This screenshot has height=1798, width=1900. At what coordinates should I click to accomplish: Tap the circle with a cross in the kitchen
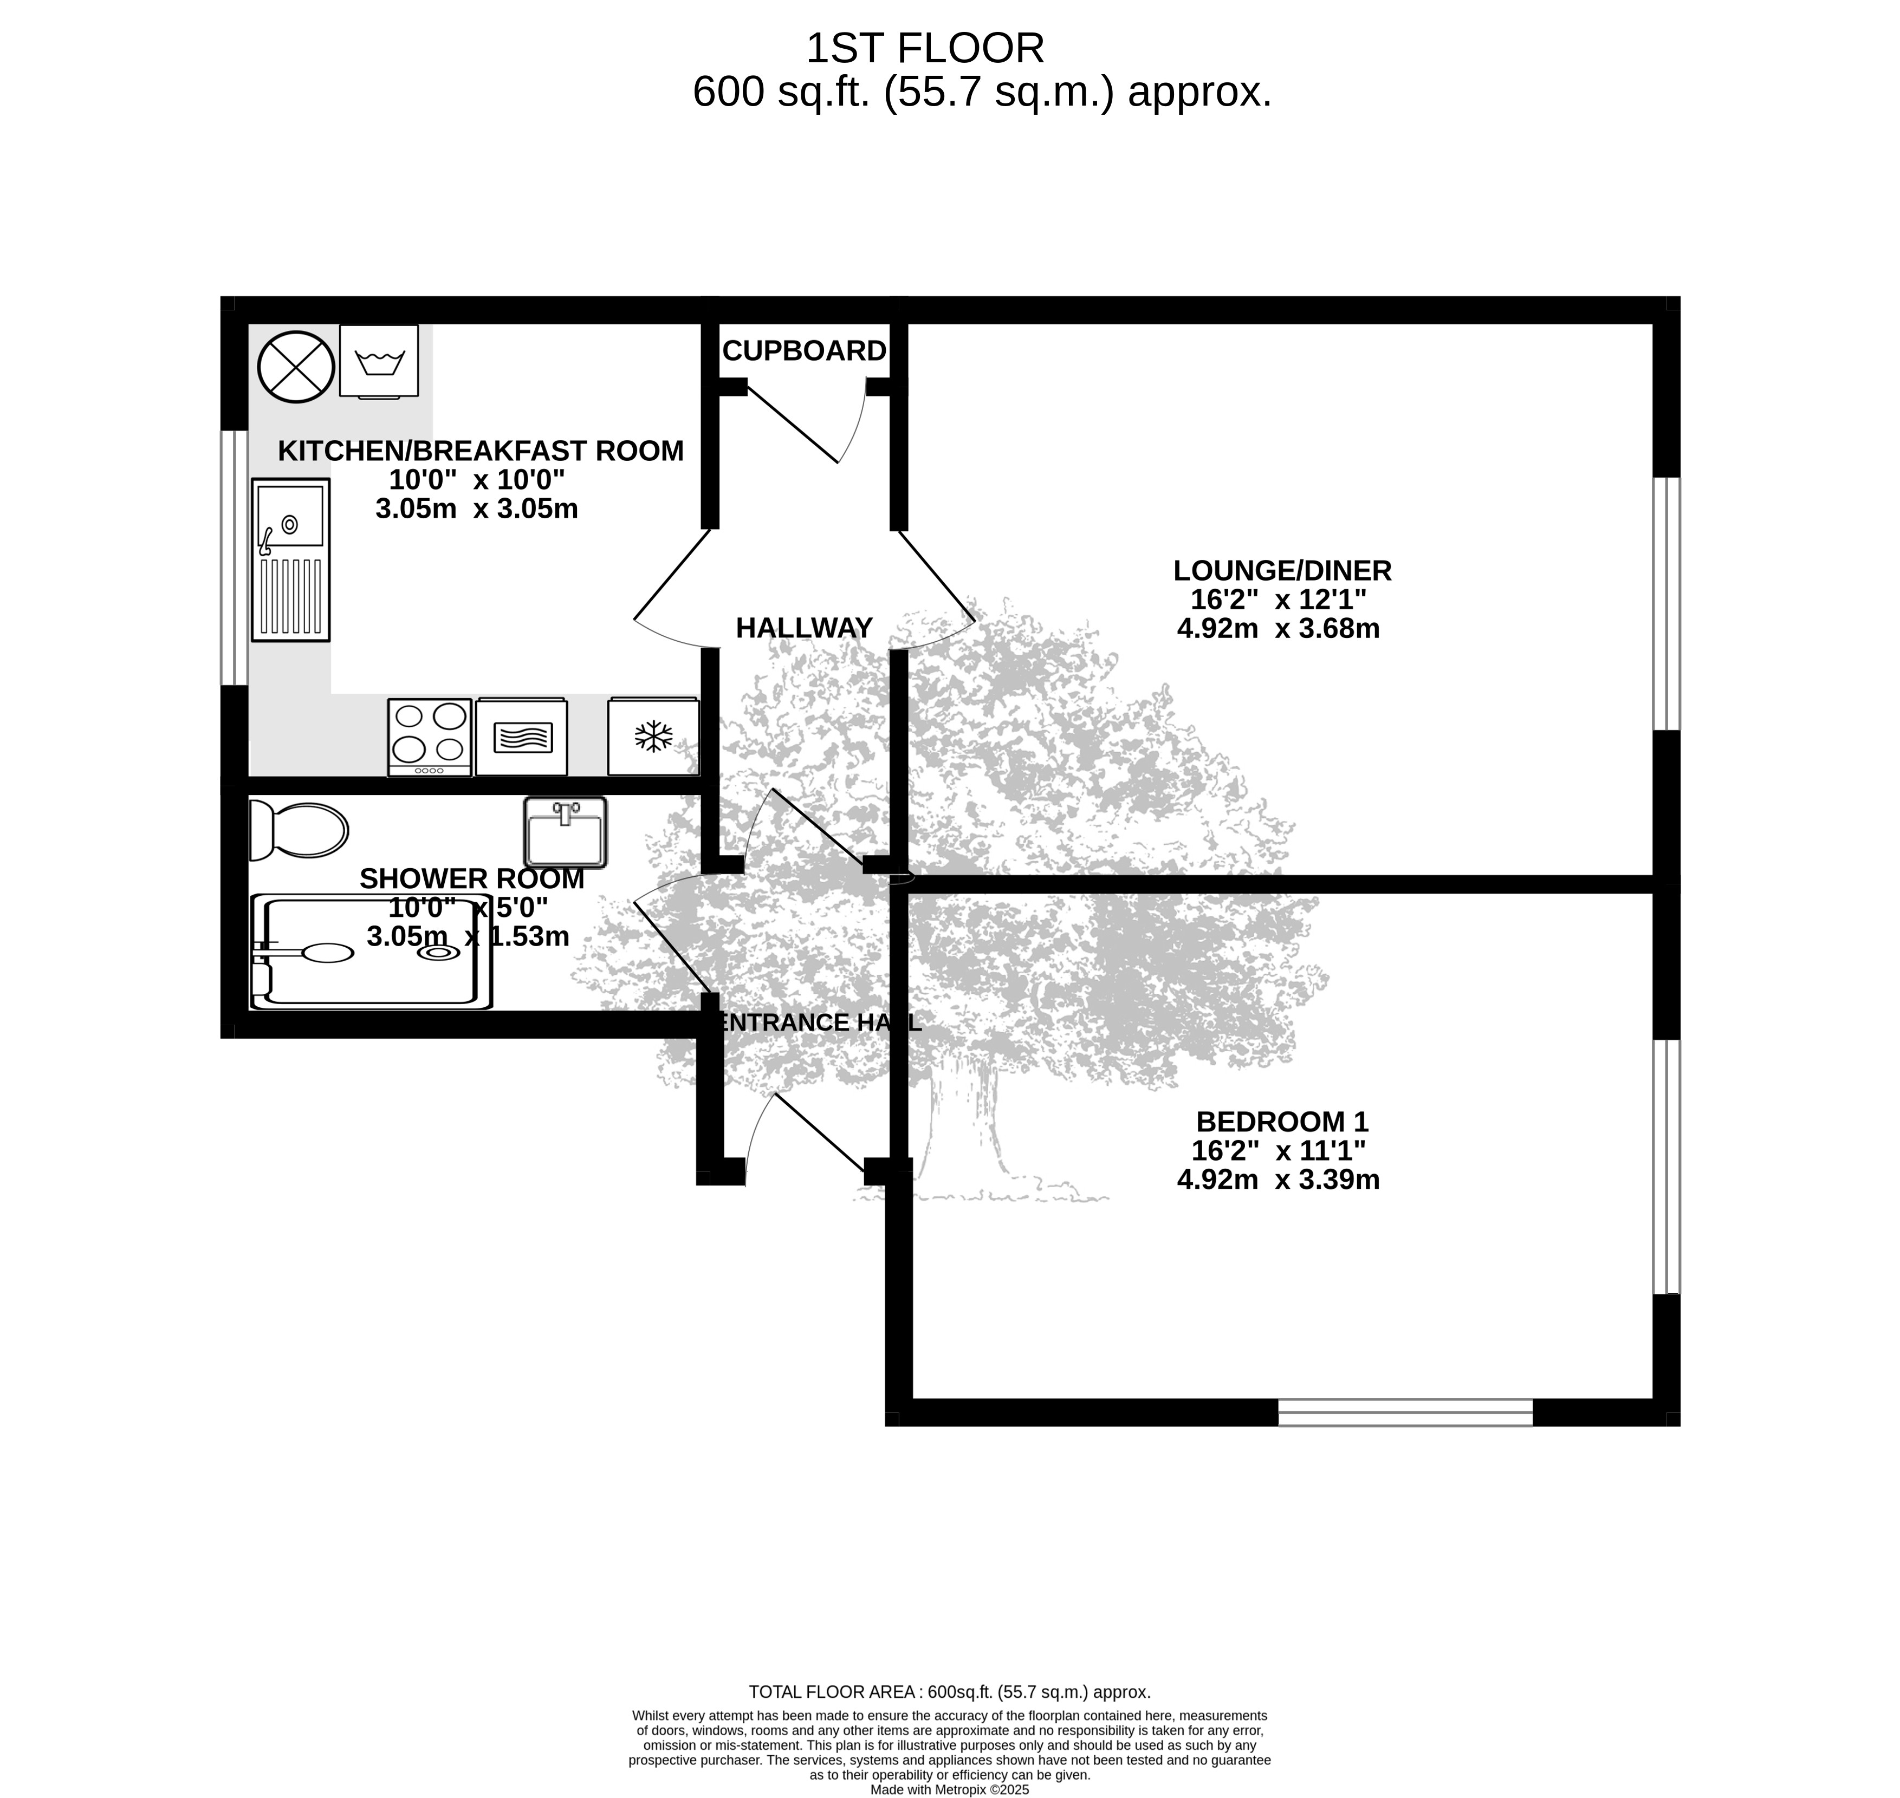[x=296, y=367]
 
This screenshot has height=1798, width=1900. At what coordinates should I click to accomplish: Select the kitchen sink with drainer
[x=290, y=560]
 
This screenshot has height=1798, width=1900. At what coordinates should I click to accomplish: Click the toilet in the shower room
[x=298, y=830]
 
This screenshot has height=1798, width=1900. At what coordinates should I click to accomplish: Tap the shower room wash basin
[x=566, y=831]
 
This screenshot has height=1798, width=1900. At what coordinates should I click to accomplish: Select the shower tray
[x=371, y=952]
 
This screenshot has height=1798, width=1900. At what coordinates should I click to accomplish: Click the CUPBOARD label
[x=805, y=351]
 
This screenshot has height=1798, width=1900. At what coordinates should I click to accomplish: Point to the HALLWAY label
[x=805, y=628]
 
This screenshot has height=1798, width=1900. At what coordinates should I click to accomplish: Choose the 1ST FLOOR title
[x=925, y=48]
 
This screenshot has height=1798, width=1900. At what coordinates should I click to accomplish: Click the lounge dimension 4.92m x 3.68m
[x=1278, y=629]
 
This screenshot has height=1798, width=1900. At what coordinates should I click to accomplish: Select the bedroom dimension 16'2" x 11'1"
[x=1279, y=1150]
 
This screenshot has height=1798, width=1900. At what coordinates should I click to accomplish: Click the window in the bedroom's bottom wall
[x=1405, y=1413]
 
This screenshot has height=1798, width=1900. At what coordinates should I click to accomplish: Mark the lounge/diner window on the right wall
[x=1667, y=604]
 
